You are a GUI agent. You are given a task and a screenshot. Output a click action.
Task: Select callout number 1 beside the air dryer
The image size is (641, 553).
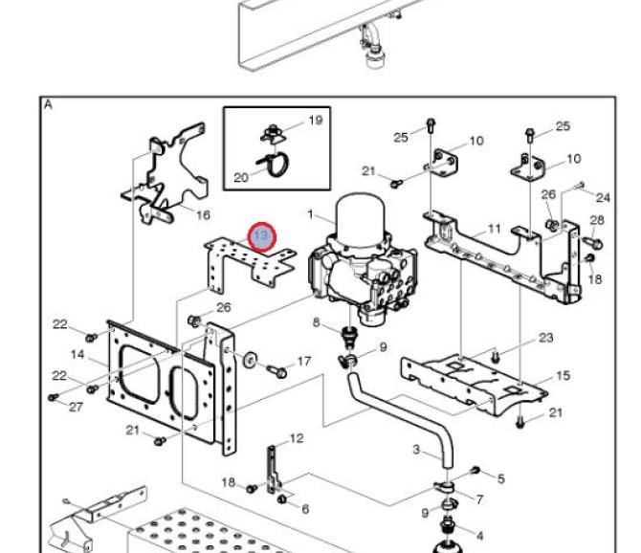point(310,214)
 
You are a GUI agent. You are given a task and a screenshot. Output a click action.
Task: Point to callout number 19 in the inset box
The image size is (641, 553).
point(315,121)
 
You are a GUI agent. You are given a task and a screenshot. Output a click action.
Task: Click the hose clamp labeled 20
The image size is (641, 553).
point(274,163)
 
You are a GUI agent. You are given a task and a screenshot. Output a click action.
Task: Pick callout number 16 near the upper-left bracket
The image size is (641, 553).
point(203,214)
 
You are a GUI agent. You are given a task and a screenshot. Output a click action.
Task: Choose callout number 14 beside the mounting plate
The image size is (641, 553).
point(77,354)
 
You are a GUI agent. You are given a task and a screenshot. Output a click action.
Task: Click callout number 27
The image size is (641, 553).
point(76,407)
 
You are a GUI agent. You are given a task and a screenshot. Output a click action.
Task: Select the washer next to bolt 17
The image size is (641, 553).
point(250,360)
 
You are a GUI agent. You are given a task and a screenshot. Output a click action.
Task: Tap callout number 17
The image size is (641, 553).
point(303,362)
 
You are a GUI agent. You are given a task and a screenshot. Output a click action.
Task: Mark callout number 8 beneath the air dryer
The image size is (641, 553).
point(316,322)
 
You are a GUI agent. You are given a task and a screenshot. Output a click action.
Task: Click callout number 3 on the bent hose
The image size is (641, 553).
point(416,450)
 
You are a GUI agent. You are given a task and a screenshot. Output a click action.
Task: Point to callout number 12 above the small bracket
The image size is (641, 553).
point(297,438)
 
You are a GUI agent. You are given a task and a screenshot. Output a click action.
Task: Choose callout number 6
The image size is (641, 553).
point(305,509)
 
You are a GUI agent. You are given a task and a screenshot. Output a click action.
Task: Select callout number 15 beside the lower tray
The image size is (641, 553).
point(563,376)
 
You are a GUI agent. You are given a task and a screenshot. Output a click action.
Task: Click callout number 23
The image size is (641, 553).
point(545,338)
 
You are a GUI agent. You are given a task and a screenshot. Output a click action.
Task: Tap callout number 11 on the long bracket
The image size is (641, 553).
point(495,229)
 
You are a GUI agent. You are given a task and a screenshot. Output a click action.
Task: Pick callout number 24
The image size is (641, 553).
point(603,198)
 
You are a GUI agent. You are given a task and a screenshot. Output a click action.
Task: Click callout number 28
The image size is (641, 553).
point(596,220)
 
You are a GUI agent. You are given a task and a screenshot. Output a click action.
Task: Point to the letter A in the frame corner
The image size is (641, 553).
point(48,105)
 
